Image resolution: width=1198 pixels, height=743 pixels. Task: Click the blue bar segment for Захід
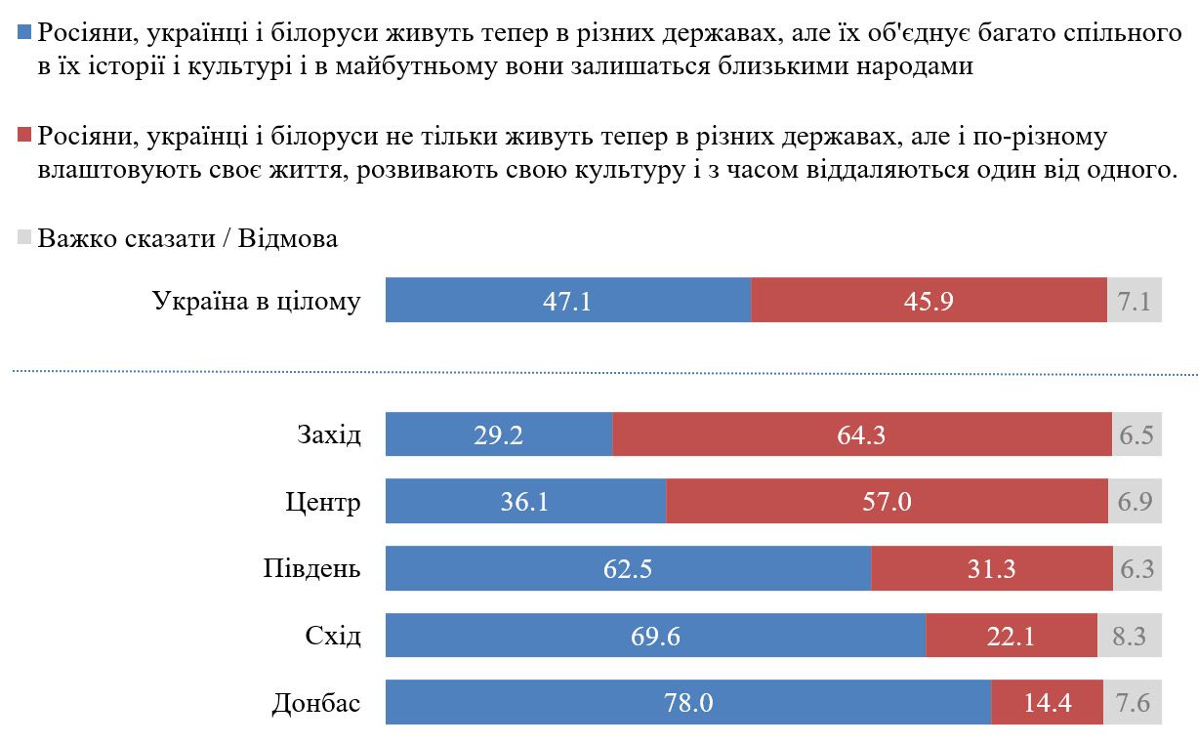pos(499,434)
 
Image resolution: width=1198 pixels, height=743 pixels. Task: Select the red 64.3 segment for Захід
pos(861,434)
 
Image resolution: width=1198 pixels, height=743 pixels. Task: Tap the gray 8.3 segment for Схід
pos(1130,637)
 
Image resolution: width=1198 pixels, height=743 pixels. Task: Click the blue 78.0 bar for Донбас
pos(688,703)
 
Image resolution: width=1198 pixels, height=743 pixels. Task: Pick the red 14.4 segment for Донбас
pos(1047,703)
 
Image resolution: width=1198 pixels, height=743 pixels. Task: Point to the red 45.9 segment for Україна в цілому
pos(929,301)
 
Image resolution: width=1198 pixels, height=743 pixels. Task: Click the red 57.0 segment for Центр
pos(887,502)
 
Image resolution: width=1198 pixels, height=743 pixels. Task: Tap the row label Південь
pos(312,569)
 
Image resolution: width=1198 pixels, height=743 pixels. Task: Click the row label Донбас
pos(314,703)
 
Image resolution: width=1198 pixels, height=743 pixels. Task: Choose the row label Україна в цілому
pos(257,301)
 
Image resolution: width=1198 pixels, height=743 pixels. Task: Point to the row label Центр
pos(323,502)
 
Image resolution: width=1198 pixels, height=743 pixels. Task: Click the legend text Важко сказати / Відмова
pos(187,238)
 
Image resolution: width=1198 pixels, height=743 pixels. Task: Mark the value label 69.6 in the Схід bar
pos(655,637)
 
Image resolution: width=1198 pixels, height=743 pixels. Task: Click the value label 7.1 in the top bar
pos(1134,301)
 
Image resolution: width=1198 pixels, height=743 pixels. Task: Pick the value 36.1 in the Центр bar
pos(525,502)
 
